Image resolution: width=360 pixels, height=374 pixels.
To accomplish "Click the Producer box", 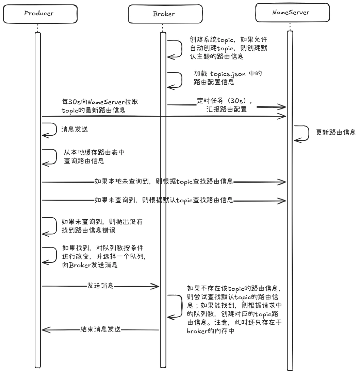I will point(39,14).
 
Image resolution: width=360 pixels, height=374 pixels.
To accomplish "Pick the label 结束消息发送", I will point(100,329).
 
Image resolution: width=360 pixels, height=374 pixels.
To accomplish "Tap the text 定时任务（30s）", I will point(225,101).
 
